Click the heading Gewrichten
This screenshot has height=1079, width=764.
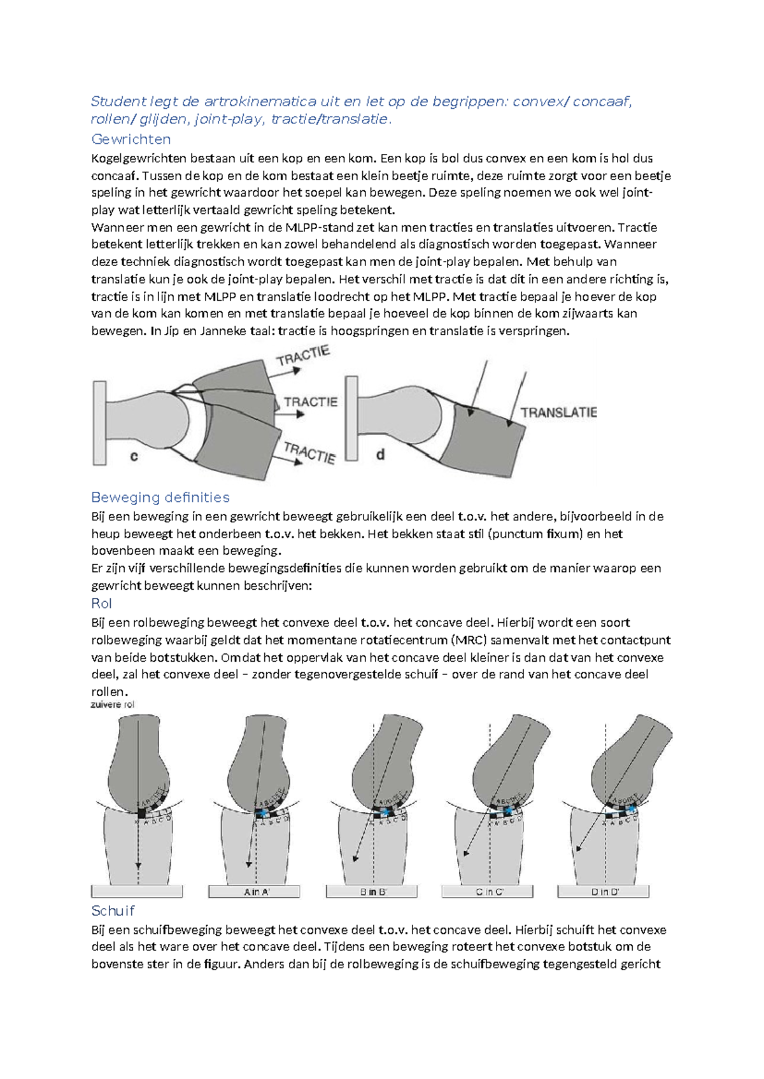(131, 139)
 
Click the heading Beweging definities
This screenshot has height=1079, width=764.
(160, 497)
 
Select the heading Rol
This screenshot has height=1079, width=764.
(101, 603)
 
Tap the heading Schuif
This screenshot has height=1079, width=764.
(113, 910)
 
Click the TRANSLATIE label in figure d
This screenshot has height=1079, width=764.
(558, 412)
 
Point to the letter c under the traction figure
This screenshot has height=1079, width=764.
(134, 456)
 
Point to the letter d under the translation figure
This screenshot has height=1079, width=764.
(380, 454)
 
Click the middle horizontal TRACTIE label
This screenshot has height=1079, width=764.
(310, 402)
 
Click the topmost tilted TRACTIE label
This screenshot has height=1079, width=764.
(303, 356)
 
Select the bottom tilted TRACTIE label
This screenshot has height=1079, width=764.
(309, 452)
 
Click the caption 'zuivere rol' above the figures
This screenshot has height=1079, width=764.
(113, 704)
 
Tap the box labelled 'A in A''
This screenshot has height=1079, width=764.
(255, 892)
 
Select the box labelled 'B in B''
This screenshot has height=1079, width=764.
(372, 892)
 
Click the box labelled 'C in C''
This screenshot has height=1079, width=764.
(488, 892)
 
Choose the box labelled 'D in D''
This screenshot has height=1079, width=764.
(604, 892)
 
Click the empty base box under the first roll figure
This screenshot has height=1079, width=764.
(137, 892)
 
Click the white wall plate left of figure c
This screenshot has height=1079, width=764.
(99, 423)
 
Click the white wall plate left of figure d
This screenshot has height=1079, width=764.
(351, 418)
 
